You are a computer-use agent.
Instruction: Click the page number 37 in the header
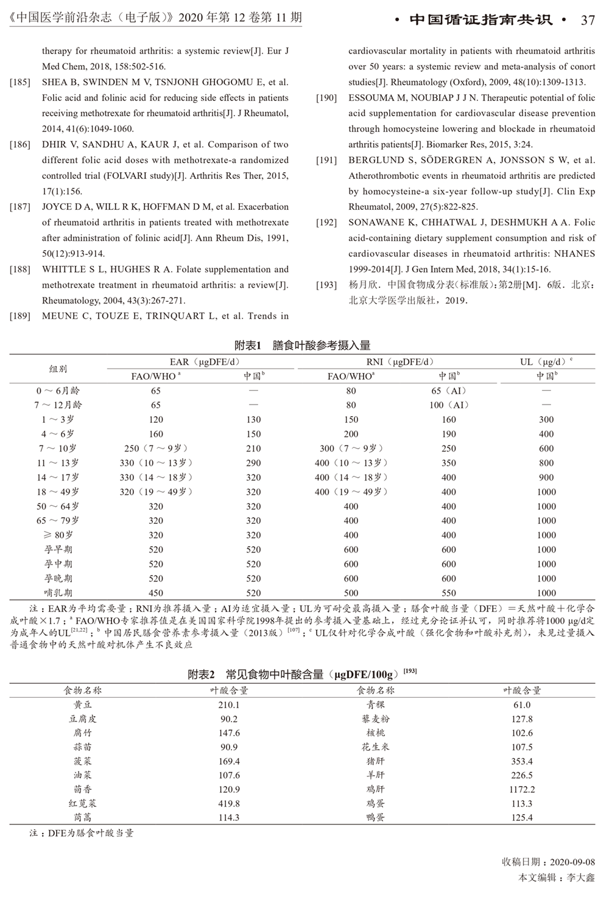[x=587, y=20]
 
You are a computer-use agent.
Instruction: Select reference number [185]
[x=20, y=82]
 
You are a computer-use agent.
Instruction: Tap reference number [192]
[x=326, y=223]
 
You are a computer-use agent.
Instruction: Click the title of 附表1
[x=302, y=346]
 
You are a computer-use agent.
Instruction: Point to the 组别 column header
[x=58, y=369]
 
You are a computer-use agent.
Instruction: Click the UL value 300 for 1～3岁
[x=546, y=420]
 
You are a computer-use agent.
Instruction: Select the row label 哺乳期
[x=58, y=593]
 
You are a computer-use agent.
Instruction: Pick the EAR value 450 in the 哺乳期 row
[x=156, y=593]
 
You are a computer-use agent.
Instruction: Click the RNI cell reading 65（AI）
[x=448, y=391]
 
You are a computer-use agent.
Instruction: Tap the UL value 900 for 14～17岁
[x=546, y=478]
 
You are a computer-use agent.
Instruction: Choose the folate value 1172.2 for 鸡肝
[x=522, y=790]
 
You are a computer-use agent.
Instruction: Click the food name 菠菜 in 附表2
[x=82, y=761]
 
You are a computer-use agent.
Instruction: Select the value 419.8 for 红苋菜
[x=229, y=804]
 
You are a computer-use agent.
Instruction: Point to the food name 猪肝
[x=376, y=761]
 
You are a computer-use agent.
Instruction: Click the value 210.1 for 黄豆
[x=229, y=705]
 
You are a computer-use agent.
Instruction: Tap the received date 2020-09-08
[x=572, y=862]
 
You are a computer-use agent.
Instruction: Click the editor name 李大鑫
[x=580, y=878]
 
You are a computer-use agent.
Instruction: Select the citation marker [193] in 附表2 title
[x=410, y=671]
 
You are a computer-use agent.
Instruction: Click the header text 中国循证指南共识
[x=481, y=20]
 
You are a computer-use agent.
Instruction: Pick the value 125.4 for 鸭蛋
[x=522, y=818]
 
